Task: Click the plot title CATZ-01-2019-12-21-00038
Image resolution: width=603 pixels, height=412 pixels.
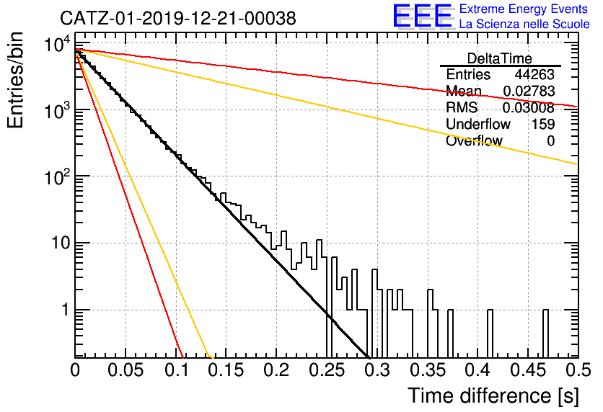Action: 178,18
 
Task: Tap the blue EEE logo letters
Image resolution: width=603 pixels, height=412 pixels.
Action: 422,16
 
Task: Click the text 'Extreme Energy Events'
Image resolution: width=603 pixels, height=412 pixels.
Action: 524,9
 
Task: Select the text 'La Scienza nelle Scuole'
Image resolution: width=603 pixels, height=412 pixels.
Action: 524,24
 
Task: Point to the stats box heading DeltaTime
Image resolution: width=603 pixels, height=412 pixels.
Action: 500,58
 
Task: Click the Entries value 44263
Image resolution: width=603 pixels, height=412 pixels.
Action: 534,74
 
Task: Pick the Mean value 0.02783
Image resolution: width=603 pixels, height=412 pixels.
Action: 529,91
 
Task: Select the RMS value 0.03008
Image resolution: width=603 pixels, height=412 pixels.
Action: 529,107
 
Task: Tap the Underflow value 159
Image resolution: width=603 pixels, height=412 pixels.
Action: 543,124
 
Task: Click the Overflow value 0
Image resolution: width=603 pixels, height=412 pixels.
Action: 550,141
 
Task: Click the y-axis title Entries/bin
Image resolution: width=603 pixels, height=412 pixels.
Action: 15,81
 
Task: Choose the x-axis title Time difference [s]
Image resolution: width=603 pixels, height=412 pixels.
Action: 493,395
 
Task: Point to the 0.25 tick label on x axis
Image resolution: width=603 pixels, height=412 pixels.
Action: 327,370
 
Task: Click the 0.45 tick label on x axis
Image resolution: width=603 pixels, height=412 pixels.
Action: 528,370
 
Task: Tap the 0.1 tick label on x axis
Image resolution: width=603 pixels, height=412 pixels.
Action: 177,370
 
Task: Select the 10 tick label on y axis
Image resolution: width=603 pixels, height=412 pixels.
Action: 61,243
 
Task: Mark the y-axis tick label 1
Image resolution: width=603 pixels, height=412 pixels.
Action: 66,310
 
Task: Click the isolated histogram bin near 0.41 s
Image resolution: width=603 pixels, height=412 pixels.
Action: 490,333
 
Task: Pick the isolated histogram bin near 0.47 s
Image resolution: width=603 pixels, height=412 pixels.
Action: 545,333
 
